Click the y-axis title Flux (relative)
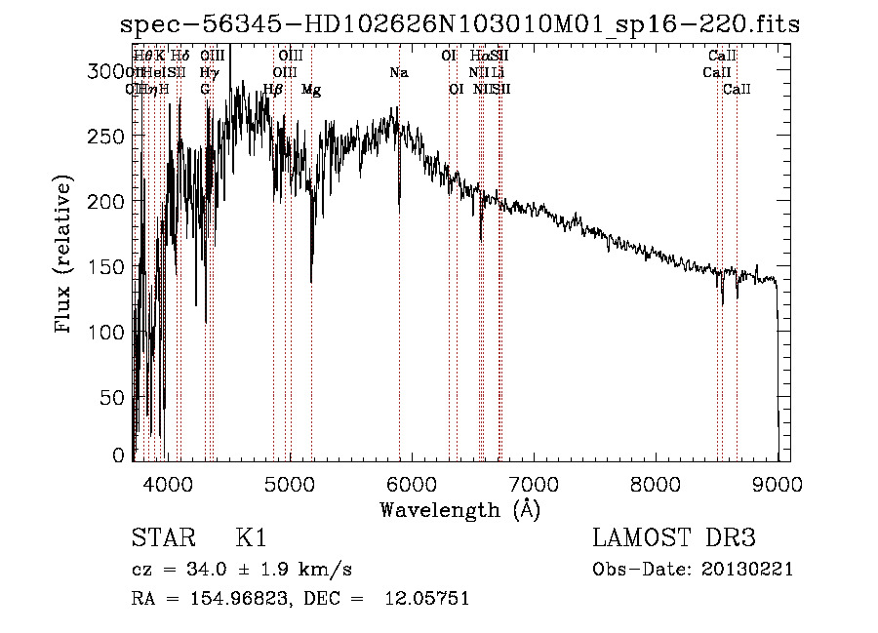point(64,256)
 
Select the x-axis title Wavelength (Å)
point(459,509)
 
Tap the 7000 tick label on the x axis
point(534,482)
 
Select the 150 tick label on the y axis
point(111,266)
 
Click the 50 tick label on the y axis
point(117,397)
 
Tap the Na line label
point(398,72)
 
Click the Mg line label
point(311,90)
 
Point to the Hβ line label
point(273,90)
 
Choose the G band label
point(205,90)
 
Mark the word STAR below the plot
point(162,538)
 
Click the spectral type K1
point(251,538)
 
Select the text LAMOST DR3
point(674,538)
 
